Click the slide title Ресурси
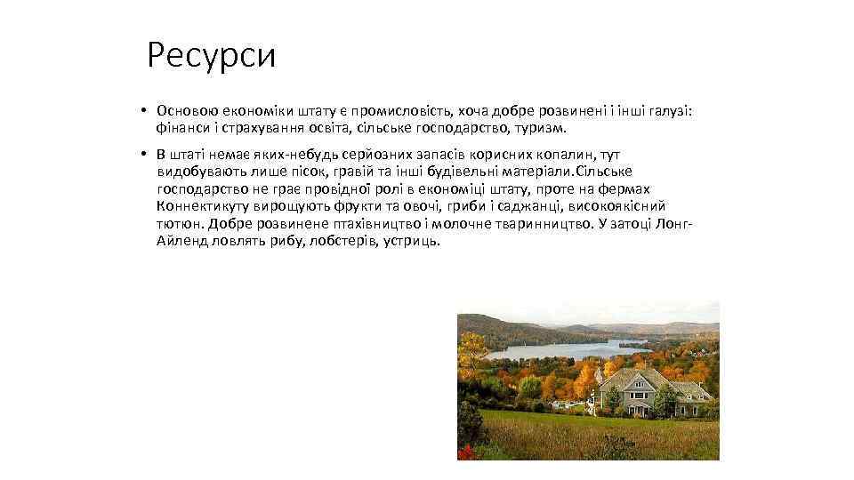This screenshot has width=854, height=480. click(x=212, y=56)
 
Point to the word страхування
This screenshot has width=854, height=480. click(x=250, y=128)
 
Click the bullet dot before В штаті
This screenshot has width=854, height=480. click(x=142, y=155)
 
